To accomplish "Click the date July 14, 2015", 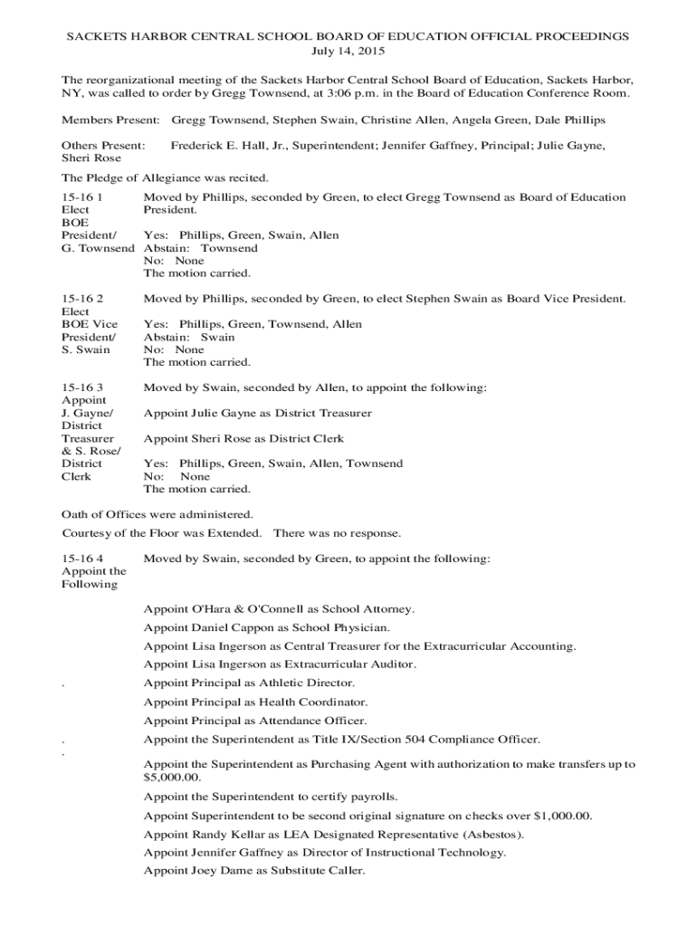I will (x=348, y=53).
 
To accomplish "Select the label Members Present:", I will (x=110, y=119).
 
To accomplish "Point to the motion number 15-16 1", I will (x=81, y=197).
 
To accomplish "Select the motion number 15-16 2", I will (x=82, y=299).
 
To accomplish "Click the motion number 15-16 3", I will (x=82, y=387).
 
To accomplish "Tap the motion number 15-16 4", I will (x=82, y=559).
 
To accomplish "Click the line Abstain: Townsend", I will (x=200, y=248).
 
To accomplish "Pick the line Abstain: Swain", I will (x=189, y=337).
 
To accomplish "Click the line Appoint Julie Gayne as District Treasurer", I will (x=257, y=413).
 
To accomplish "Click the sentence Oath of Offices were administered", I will (x=150, y=514).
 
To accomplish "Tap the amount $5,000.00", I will (x=172, y=778).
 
